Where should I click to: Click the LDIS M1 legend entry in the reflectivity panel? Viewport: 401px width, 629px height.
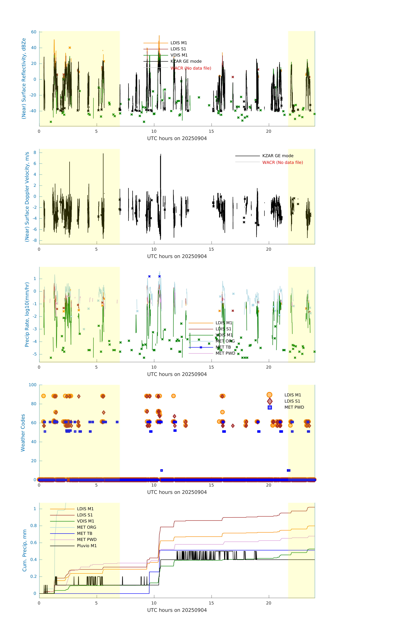click(179, 43)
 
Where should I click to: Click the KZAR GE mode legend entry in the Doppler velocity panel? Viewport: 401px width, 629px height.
click(278, 156)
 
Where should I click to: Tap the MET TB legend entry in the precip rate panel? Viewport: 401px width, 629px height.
click(223, 347)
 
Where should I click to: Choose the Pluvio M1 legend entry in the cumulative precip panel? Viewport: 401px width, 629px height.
click(87, 546)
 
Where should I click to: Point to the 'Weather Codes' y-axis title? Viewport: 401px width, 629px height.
click(23, 433)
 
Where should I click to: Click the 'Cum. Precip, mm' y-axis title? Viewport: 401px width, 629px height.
click(25, 550)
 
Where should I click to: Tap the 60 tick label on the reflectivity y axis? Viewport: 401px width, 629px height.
click(34, 32)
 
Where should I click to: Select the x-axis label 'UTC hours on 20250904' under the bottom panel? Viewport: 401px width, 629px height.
click(177, 610)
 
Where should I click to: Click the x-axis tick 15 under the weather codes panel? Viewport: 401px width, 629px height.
click(211, 485)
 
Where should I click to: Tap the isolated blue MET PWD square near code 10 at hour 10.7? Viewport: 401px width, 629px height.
click(161, 470)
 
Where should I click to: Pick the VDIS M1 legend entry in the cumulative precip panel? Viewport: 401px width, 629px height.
click(85, 521)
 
